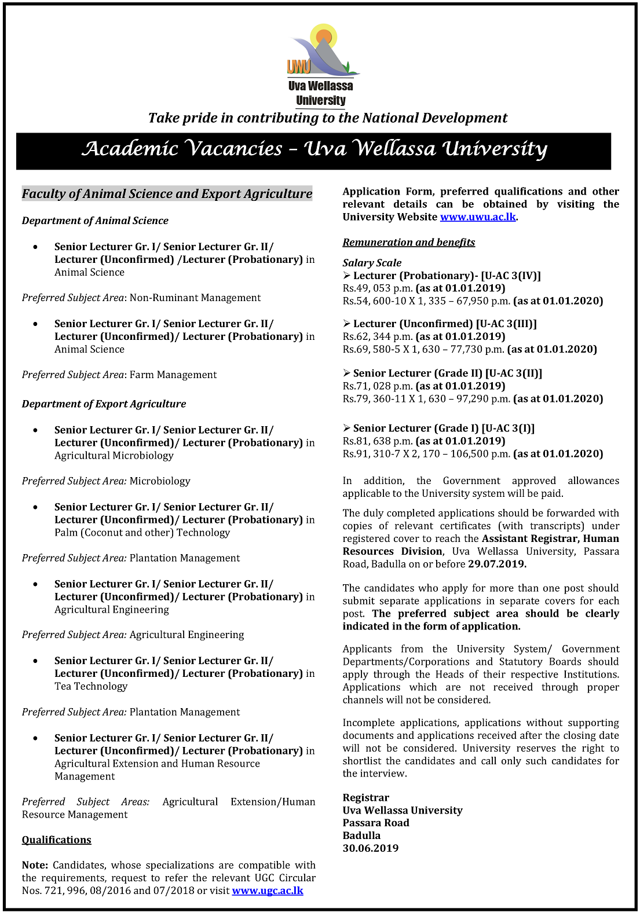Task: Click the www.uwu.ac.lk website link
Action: coord(477,217)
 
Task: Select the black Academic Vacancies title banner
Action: coord(313,151)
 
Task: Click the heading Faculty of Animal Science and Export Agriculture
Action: coord(167,194)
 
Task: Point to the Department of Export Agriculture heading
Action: coord(104,404)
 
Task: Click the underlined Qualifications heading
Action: coord(57,840)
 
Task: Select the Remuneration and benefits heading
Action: coord(408,243)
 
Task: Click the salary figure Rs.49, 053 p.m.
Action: coord(377,288)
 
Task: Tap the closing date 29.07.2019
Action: coord(497,564)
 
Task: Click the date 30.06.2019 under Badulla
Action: coord(371,848)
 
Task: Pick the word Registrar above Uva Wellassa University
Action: coord(365,798)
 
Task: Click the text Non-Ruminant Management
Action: coord(195,298)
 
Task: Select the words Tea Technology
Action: coord(91,687)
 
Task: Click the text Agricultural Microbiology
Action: coord(114,456)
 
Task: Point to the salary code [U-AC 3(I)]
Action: coord(508,428)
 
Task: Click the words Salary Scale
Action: coord(372,263)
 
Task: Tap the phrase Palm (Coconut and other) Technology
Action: coord(142,533)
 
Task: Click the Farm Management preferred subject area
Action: coord(173,375)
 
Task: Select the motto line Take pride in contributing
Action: coord(327,118)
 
